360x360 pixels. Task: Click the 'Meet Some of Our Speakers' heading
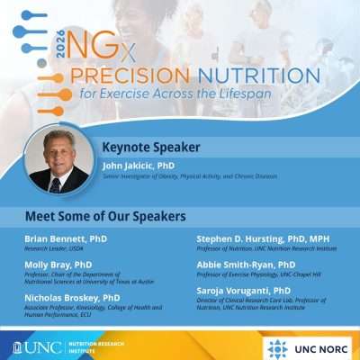point(105,217)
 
